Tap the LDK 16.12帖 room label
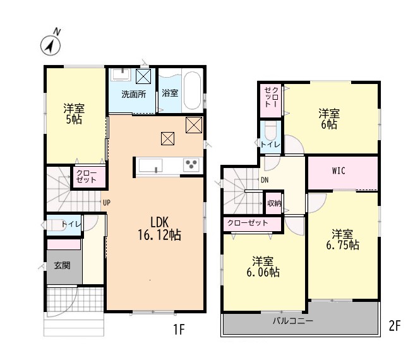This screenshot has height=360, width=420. (159, 229)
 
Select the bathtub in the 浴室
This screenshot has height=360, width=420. (193, 90)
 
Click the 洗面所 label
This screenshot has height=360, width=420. (134, 94)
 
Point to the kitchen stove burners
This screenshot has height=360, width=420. (191, 164)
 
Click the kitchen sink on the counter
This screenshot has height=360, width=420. (150, 165)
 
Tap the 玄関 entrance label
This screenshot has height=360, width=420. (62, 265)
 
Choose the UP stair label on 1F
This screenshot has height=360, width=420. (107, 203)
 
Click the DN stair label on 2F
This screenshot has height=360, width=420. (265, 180)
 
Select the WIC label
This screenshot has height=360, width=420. (339, 171)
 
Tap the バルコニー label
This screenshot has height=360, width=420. (293, 320)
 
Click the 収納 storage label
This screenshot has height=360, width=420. (273, 203)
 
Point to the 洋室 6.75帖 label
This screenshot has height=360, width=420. (342, 239)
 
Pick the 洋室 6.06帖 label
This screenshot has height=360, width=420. (263, 267)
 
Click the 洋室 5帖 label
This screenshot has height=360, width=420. (74, 114)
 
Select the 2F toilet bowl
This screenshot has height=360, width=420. (270, 131)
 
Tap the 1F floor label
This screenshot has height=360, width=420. (179, 329)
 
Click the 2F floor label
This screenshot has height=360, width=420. (395, 326)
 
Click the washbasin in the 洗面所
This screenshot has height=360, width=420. (122, 75)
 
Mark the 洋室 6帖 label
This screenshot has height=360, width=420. (329, 119)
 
